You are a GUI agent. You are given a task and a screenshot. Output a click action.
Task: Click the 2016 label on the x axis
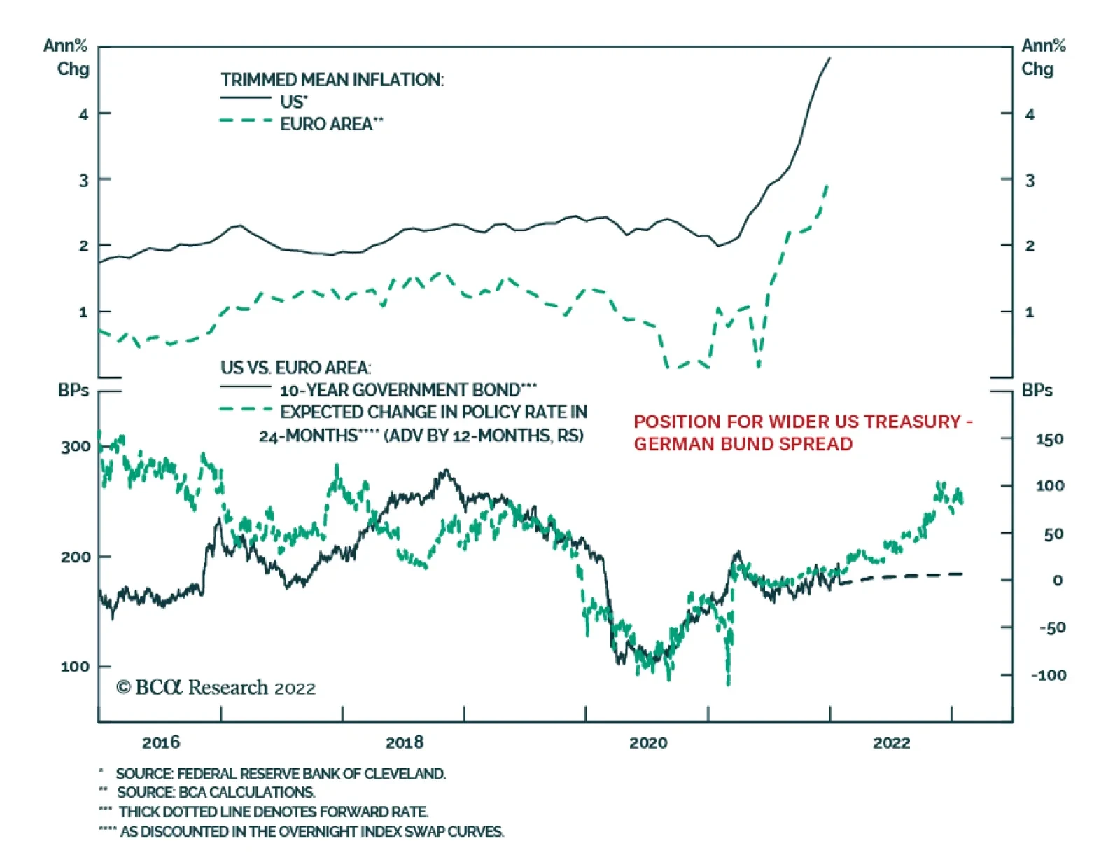(x=161, y=742)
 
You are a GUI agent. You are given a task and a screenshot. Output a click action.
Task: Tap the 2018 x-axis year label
(x=405, y=742)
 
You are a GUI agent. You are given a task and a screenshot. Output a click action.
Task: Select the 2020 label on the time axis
(x=648, y=742)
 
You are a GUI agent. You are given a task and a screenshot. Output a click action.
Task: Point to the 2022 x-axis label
(x=892, y=742)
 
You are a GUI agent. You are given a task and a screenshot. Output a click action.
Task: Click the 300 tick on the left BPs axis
(x=76, y=447)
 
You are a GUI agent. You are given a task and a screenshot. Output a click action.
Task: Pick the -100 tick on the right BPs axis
(x=1048, y=675)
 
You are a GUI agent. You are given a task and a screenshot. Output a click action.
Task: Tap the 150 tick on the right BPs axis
(x=1049, y=439)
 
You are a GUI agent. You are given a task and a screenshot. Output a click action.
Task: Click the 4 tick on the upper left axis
(x=83, y=113)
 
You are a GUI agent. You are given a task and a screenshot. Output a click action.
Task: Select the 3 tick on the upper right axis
(x=1030, y=180)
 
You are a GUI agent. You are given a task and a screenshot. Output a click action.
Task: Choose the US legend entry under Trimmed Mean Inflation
(x=293, y=102)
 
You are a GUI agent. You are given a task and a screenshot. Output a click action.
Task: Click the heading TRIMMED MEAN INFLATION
(x=332, y=80)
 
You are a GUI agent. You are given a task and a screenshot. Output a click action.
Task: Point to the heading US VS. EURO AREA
(x=296, y=368)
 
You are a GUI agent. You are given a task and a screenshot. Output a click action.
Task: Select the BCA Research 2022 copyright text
(x=216, y=688)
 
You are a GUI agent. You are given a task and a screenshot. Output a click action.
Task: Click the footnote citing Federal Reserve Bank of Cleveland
(x=280, y=774)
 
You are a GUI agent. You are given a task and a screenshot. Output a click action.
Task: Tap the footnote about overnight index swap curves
(x=311, y=832)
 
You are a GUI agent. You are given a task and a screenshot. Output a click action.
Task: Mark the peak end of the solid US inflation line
(x=830, y=58)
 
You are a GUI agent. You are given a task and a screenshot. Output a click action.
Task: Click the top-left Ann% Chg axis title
(x=66, y=57)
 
